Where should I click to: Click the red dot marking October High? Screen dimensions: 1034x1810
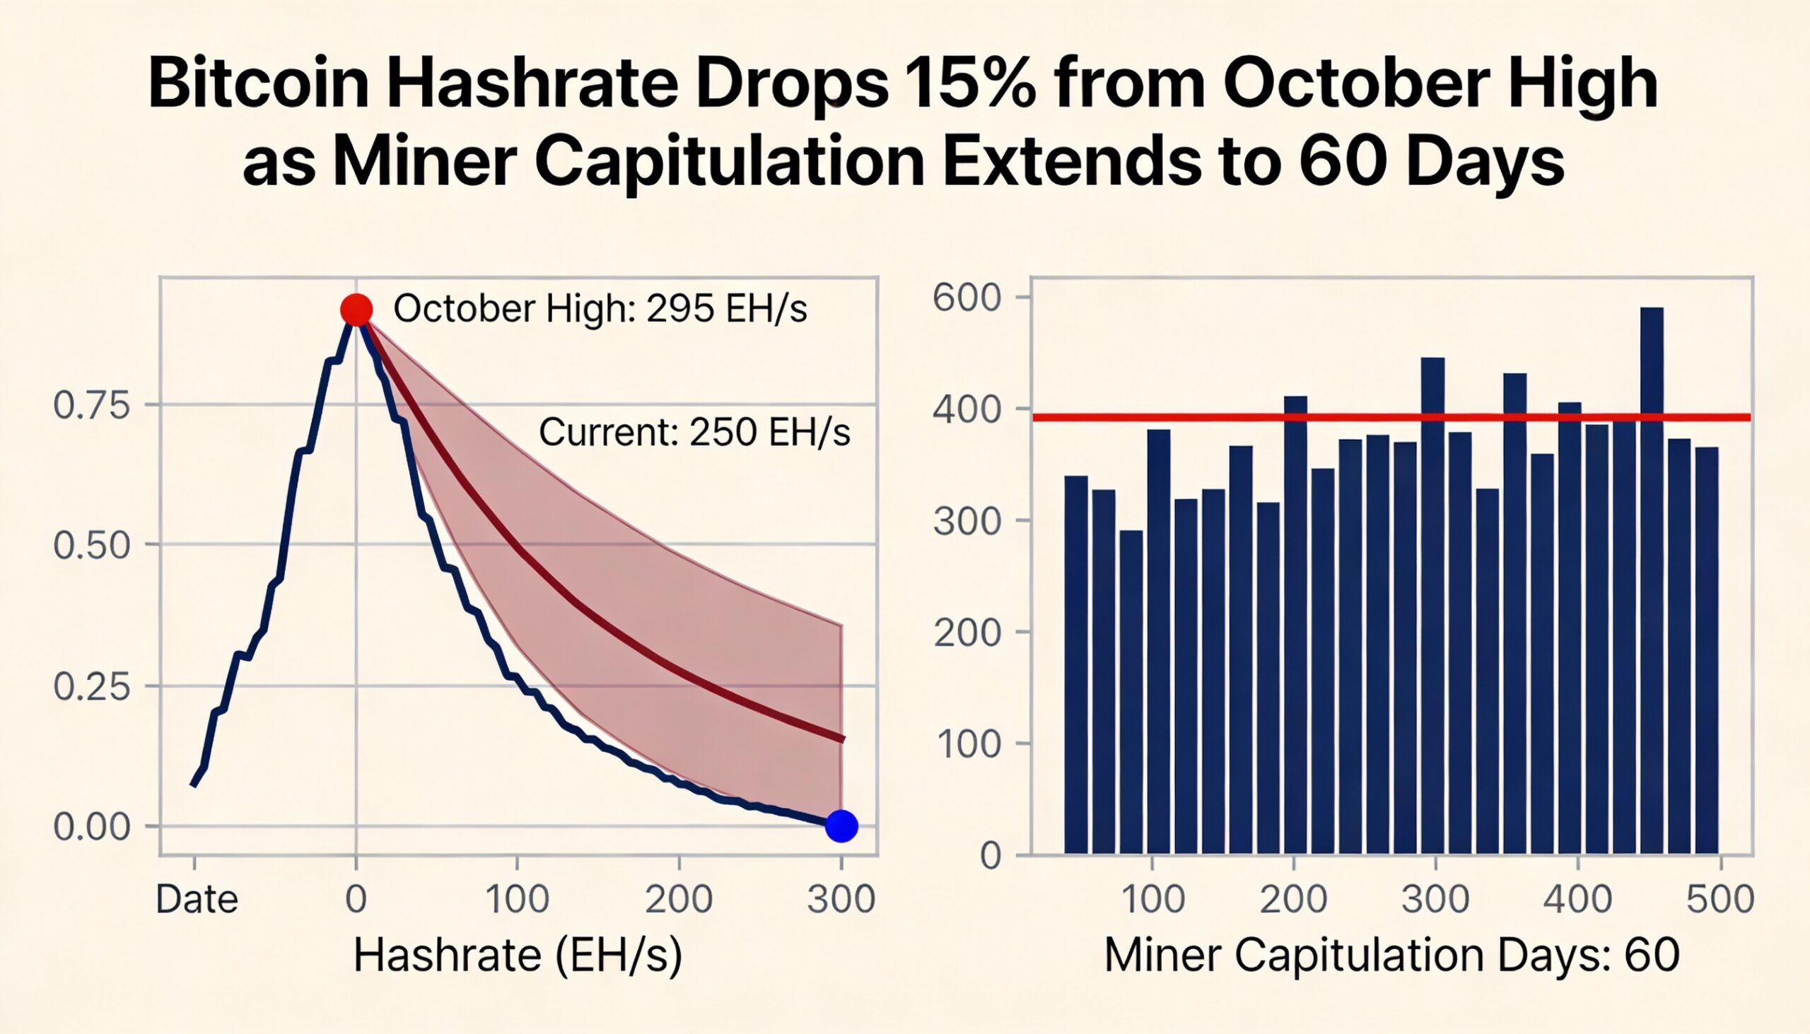(x=356, y=309)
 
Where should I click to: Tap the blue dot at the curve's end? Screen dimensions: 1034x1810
(x=841, y=826)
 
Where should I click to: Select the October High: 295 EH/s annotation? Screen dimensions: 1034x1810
(x=600, y=309)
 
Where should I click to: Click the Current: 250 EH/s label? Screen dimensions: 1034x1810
(x=694, y=432)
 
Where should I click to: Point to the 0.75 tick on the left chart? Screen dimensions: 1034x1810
(x=93, y=406)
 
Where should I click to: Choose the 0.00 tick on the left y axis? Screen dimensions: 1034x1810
(x=93, y=828)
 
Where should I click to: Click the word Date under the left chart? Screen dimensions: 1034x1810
(x=197, y=900)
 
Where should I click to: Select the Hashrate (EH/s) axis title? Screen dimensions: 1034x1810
(x=517, y=955)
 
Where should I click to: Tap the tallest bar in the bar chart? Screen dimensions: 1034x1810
(x=1652, y=580)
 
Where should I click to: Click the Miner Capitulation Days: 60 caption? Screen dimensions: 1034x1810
(x=1391, y=955)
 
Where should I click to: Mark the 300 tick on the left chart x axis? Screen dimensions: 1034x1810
(x=841, y=900)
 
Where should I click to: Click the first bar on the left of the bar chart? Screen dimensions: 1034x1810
(x=1075, y=664)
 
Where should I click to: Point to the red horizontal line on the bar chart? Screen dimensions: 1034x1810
(x=1208, y=418)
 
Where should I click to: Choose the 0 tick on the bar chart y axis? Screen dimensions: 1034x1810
(x=991, y=857)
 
